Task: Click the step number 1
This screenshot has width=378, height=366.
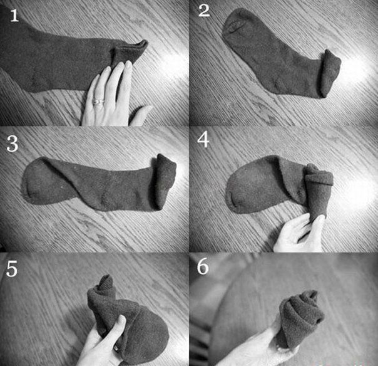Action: click(14, 16)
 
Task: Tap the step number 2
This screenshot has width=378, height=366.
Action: click(204, 11)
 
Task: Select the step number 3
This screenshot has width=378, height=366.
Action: click(13, 144)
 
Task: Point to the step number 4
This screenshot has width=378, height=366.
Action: click(203, 140)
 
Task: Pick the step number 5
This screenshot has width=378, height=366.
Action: click(12, 269)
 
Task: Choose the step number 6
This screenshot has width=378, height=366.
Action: click(203, 266)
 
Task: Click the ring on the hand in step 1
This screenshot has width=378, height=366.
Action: click(98, 101)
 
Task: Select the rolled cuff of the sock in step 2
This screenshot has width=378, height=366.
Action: click(330, 73)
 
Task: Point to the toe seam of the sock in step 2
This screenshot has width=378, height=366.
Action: click(233, 26)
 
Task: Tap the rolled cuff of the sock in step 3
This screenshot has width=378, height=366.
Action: click(164, 181)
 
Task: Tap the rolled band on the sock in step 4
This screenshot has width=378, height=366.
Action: click(319, 178)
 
